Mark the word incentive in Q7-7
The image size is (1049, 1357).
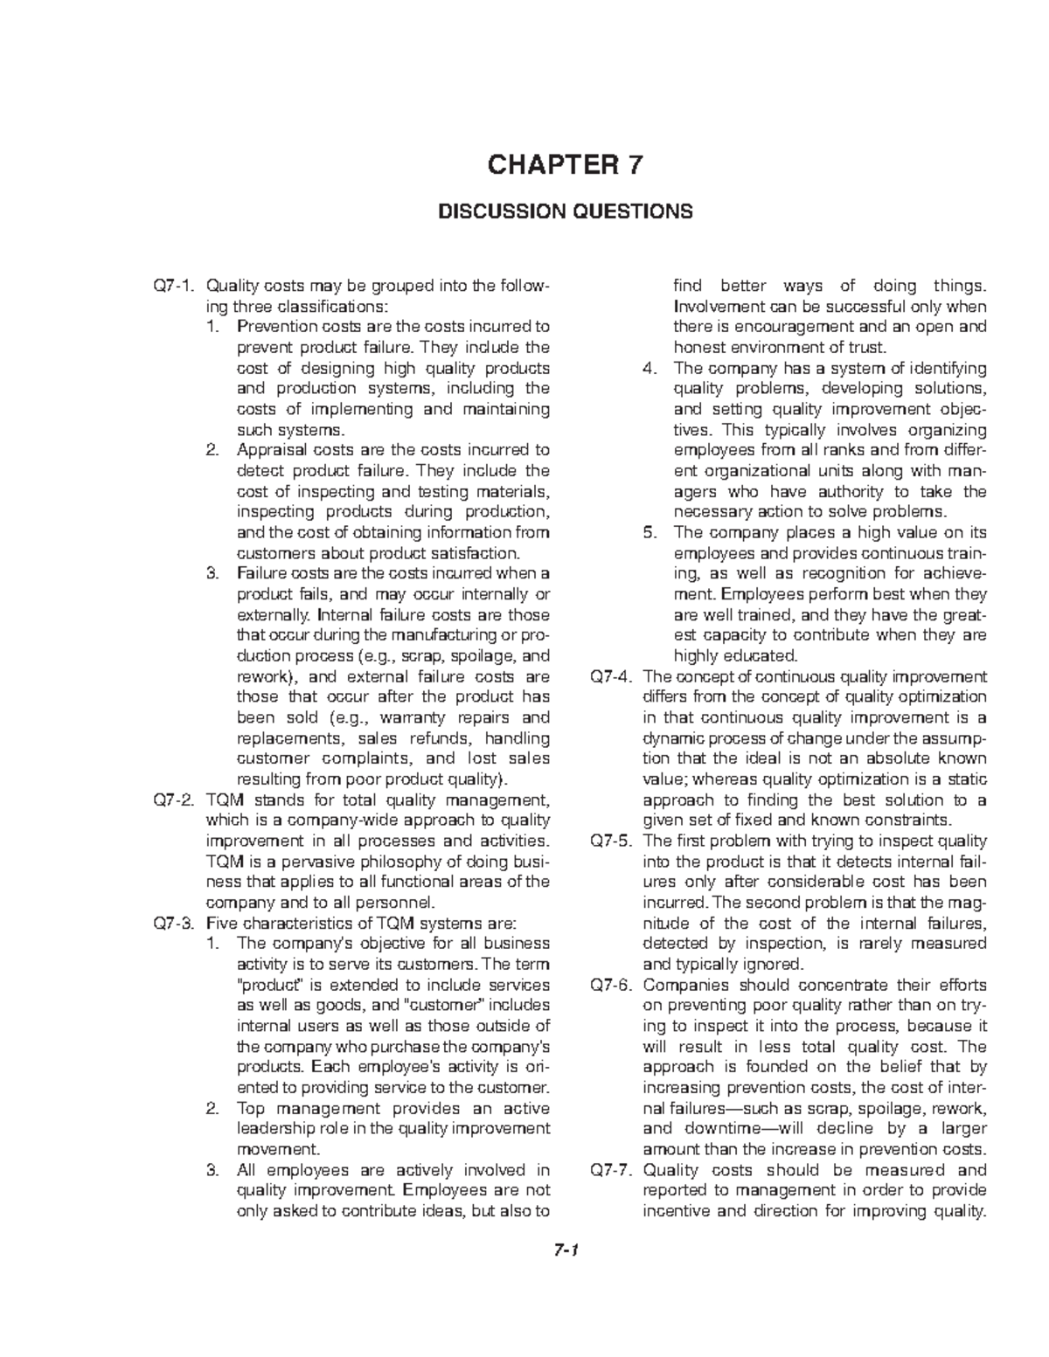[676, 1211]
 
